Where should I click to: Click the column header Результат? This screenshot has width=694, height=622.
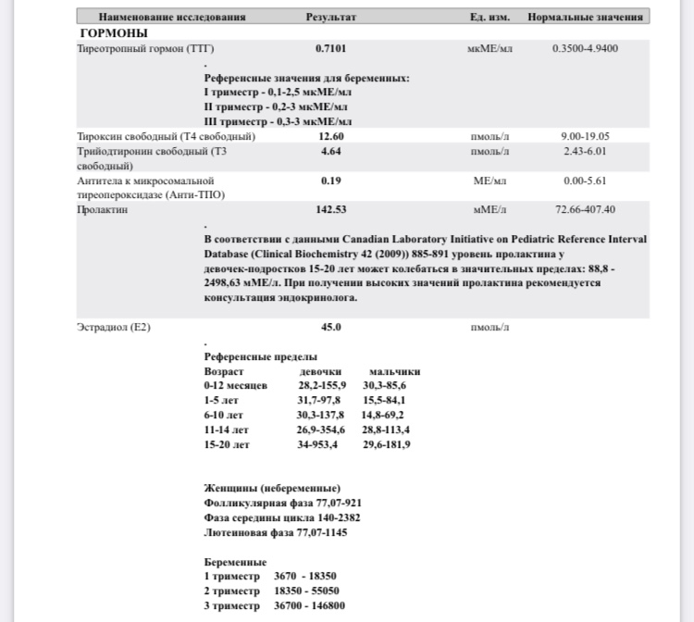coord(330,17)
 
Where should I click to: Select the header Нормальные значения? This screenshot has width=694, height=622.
coord(585,17)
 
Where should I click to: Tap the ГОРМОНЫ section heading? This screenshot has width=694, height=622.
coord(114,33)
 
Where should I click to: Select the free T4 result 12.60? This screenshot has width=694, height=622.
coord(330,136)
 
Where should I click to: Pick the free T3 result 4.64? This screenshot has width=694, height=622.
coord(330,151)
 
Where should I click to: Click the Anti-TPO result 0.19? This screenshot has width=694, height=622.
coord(330,180)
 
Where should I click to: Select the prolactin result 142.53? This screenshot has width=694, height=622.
coord(330,210)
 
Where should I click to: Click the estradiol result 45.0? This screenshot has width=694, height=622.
coord(330,327)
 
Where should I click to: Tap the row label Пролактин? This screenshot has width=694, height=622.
coord(103,210)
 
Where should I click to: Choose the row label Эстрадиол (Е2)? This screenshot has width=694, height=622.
coord(114,327)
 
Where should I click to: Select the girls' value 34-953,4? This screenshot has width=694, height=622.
coord(317,444)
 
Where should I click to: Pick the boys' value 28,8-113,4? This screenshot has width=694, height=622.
coord(386,429)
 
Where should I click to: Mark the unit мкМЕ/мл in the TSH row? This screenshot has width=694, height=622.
coord(490,48)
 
